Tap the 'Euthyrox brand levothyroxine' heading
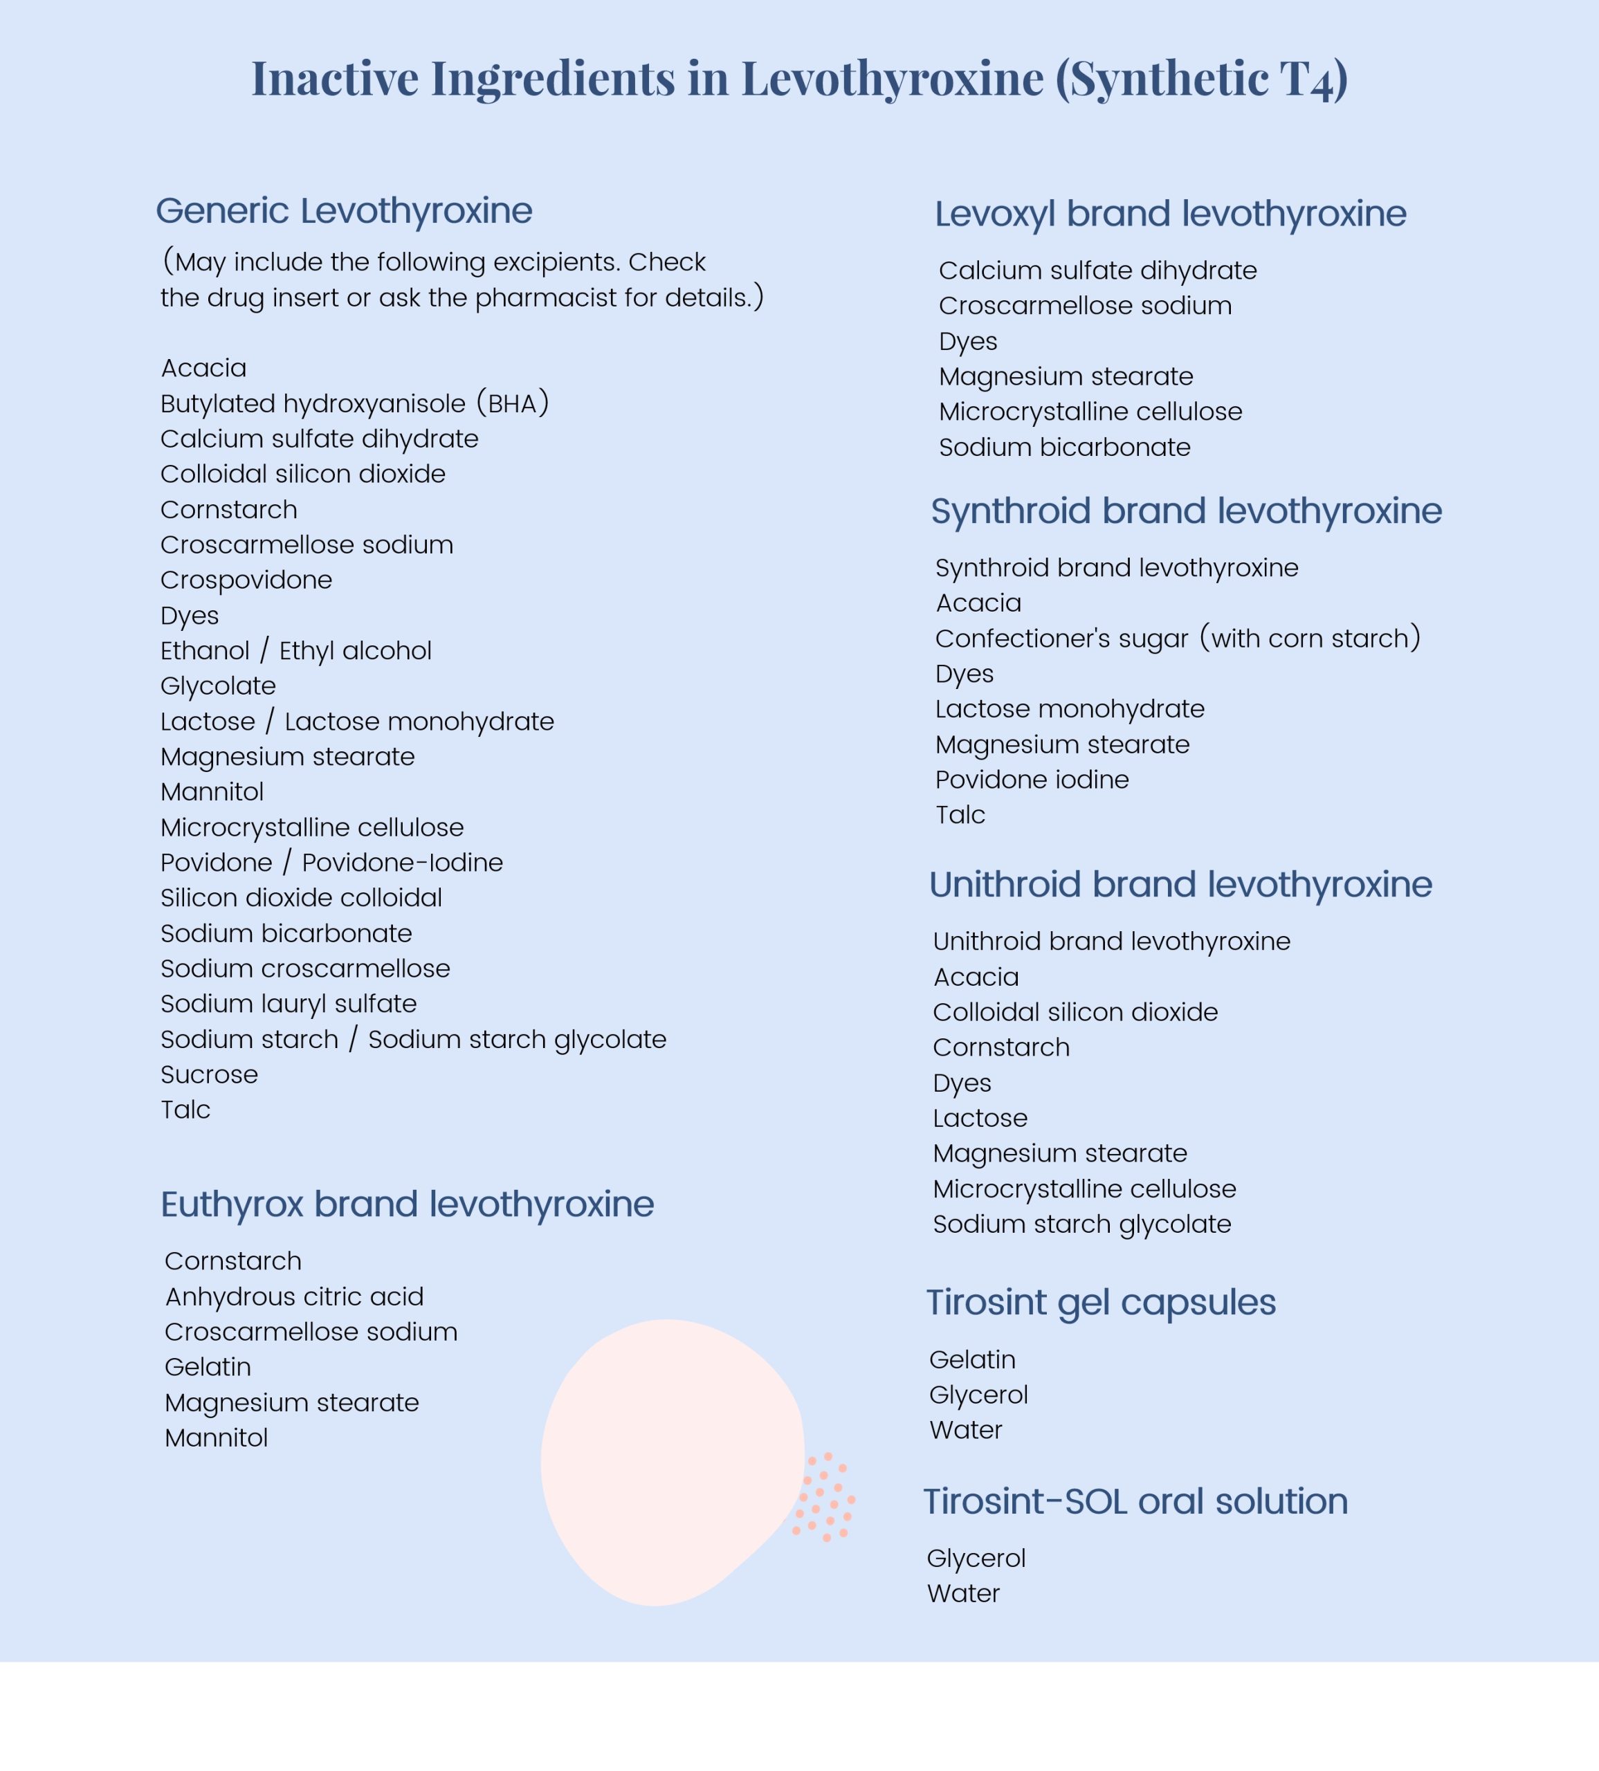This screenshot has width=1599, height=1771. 407,1204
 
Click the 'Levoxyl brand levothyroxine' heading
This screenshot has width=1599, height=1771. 1169,214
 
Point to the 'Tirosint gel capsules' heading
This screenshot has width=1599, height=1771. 1100,1303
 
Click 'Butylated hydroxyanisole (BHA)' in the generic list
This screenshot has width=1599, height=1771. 354,403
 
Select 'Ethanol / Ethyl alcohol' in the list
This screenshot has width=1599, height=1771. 295,651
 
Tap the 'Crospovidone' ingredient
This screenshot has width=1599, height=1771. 246,580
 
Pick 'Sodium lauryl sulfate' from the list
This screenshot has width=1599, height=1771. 288,1003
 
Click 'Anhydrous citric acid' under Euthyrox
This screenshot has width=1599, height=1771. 294,1296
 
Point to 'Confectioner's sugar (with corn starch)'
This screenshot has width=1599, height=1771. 1178,638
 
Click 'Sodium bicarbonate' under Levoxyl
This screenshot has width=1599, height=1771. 1064,447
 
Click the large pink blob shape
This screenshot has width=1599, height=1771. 668,1458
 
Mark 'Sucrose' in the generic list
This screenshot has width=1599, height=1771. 209,1074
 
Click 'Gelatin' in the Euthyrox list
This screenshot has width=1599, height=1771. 208,1367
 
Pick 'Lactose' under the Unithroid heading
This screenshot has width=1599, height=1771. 980,1119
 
